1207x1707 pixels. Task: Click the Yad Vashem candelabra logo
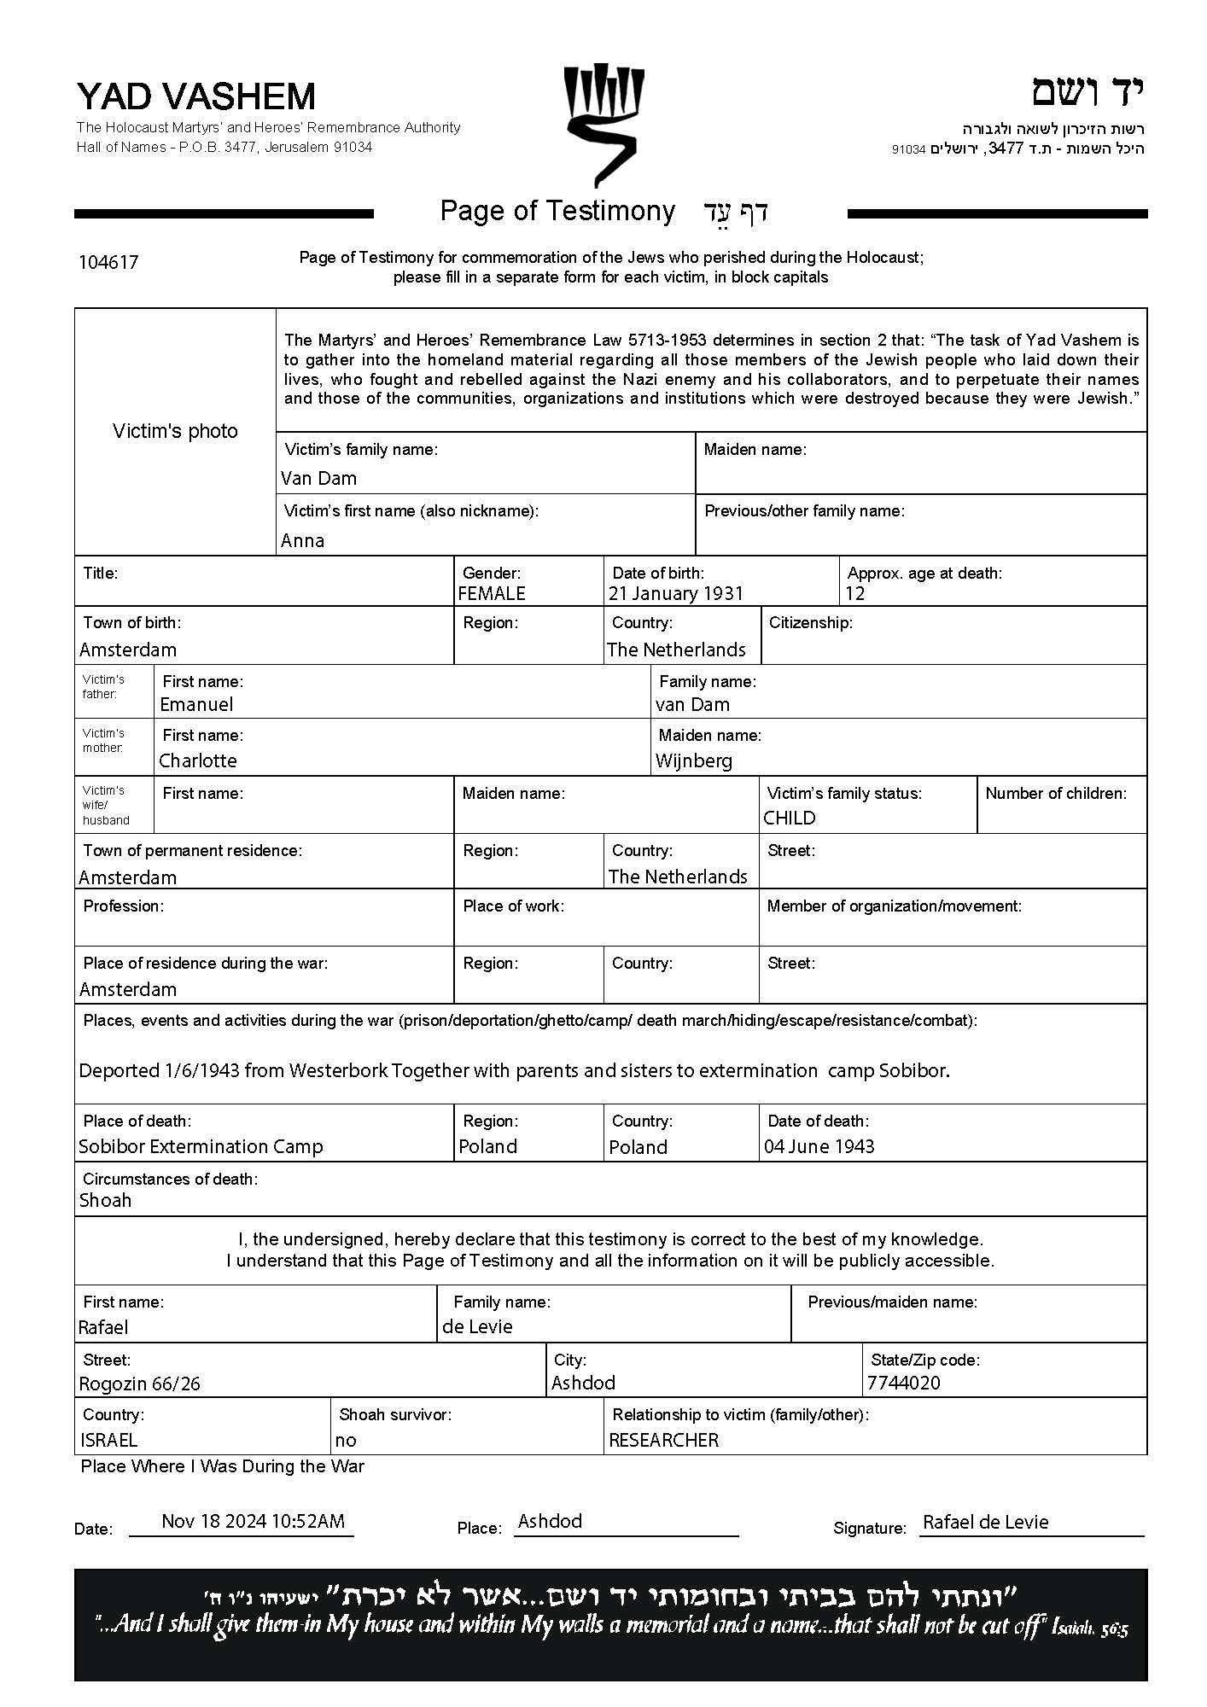click(603, 124)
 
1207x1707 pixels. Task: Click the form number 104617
click(108, 262)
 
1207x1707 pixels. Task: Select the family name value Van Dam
click(318, 478)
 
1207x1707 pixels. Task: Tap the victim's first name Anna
click(302, 540)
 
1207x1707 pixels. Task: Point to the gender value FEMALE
click(492, 593)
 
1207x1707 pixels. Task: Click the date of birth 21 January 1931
click(676, 593)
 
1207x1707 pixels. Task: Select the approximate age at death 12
click(854, 593)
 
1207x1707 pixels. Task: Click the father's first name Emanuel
click(196, 704)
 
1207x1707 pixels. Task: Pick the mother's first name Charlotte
click(198, 760)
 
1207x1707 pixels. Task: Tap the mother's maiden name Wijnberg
click(694, 760)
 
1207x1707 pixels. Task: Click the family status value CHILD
click(790, 818)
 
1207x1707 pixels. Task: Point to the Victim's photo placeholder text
click(175, 431)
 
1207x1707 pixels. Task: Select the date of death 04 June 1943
click(819, 1146)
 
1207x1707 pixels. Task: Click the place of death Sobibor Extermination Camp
click(201, 1146)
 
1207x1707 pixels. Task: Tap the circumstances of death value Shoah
click(105, 1200)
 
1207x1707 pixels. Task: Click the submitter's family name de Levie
click(477, 1326)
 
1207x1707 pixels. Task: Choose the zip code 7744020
click(903, 1383)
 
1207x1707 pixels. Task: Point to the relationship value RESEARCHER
click(663, 1440)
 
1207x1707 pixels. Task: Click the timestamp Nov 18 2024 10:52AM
click(253, 1521)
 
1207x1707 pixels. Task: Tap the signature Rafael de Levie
click(985, 1522)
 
